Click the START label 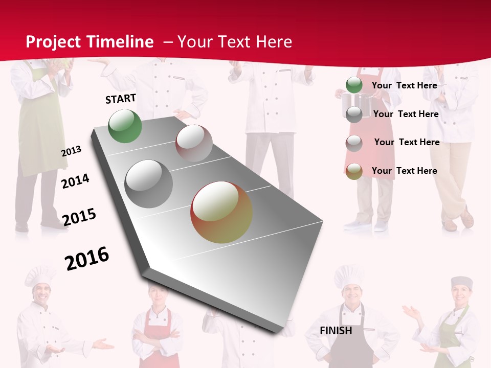tap(121, 99)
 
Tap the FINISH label tap(336, 331)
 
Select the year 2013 tap(72, 151)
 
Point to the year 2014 tap(75, 181)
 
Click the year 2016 tap(87, 258)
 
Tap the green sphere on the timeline tap(125, 126)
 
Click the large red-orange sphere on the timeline tap(221, 212)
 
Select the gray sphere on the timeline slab tap(149, 184)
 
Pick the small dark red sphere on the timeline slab tap(194, 143)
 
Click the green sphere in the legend tap(354, 85)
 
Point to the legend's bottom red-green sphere tap(354, 171)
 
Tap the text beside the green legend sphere tap(404, 85)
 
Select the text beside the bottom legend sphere tap(404, 171)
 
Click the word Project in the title tap(53, 42)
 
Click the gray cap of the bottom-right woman tap(462, 282)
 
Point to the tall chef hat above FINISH tap(349, 275)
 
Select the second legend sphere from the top tap(354, 114)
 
